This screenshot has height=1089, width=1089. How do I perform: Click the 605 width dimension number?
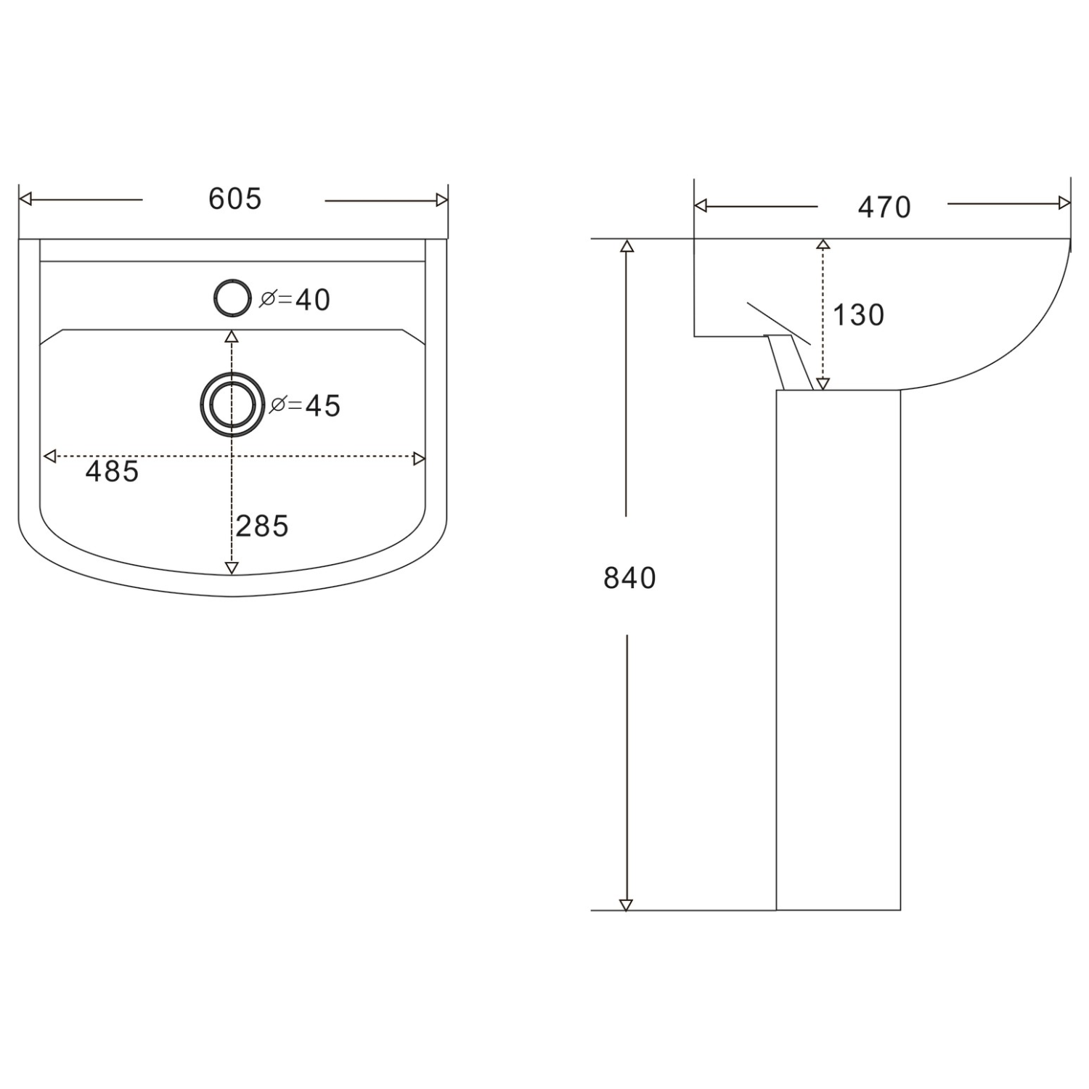234,199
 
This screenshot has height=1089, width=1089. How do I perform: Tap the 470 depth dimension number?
884,208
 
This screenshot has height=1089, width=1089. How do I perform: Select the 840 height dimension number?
629,578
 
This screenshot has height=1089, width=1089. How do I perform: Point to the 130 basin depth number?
858,315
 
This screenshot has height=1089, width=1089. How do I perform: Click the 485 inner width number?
112,472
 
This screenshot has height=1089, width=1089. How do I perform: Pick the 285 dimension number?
262,526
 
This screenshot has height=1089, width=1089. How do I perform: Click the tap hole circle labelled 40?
232,298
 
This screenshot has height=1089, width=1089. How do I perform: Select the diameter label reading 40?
295,300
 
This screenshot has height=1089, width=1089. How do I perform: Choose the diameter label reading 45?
305,406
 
